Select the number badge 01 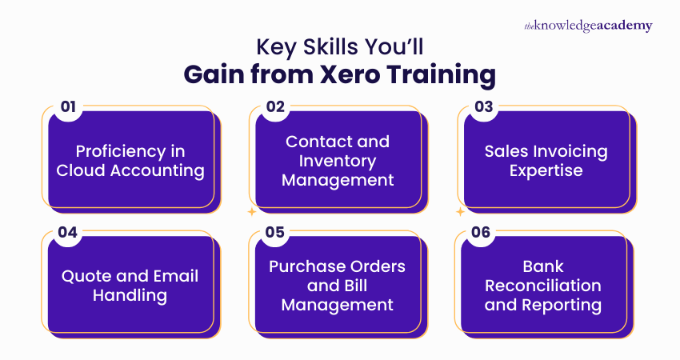pos(68,107)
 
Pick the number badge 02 pos(274,107)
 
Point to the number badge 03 pos(482,107)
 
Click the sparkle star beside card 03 pos(460,213)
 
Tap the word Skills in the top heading pos(330,47)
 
